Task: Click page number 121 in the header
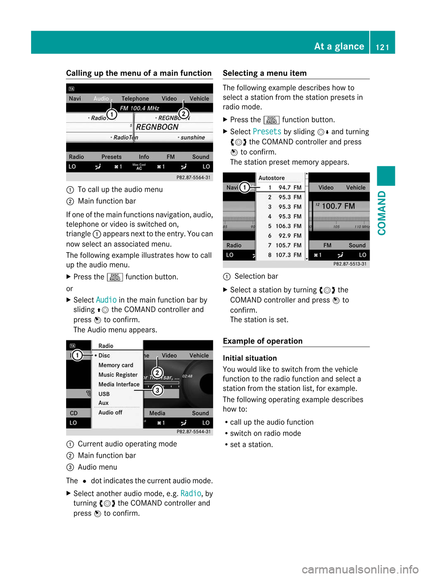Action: [x=382, y=47]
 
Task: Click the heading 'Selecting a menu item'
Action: [x=264, y=73]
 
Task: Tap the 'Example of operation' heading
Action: [x=262, y=341]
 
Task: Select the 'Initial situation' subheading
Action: [x=249, y=358]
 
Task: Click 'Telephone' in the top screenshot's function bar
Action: [x=135, y=98]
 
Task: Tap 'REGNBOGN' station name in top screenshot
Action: [x=157, y=127]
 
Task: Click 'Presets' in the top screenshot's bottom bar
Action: [x=111, y=157]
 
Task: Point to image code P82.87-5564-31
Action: [x=193, y=177]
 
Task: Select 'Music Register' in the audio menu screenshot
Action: [x=118, y=375]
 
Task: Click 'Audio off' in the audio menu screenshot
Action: [x=110, y=413]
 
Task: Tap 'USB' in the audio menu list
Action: [x=104, y=394]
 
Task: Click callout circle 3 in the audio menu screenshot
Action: [x=157, y=390]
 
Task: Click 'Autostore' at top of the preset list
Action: [x=272, y=178]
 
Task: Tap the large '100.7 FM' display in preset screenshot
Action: [x=338, y=206]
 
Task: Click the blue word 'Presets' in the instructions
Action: [x=267, y=132]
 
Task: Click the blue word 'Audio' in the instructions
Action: [x=106, y=300]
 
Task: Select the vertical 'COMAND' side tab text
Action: [x=382, y=213]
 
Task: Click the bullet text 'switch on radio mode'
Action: [x=265, y=433]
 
